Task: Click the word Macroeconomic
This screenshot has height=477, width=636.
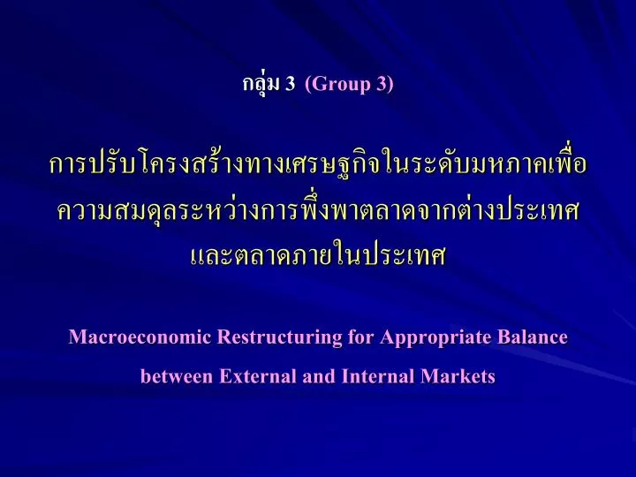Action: pyautogui.click(x=140, y=337)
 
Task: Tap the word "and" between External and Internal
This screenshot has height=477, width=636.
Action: pyautogui.click(x=319, y=376)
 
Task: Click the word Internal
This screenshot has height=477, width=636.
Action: pyautogui.click(x=378, y=376)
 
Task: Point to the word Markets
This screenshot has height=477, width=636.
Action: pyautogui.click(x=458, y=376)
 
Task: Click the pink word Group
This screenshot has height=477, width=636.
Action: pyautogui.click(x=342, y=85)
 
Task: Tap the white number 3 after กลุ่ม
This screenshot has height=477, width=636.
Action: pyautogui.click(x=290, y=84)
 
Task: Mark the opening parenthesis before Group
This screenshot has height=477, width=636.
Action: pyautogui.click(x=308, y=85)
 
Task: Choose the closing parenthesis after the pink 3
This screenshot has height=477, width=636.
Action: pyautogui.click(x=390, y=85)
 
